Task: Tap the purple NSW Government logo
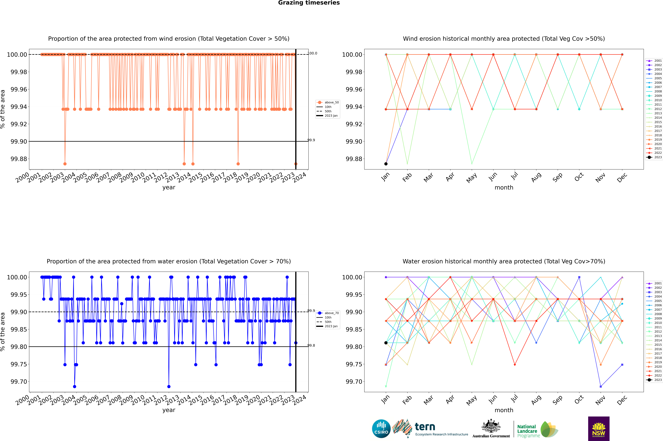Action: click(599, 429)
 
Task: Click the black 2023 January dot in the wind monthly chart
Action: click(386, 164)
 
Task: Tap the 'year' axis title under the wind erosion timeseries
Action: click(169, 187)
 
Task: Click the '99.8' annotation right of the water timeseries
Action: click(311, 345)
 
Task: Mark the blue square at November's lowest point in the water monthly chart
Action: click(601, 386)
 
